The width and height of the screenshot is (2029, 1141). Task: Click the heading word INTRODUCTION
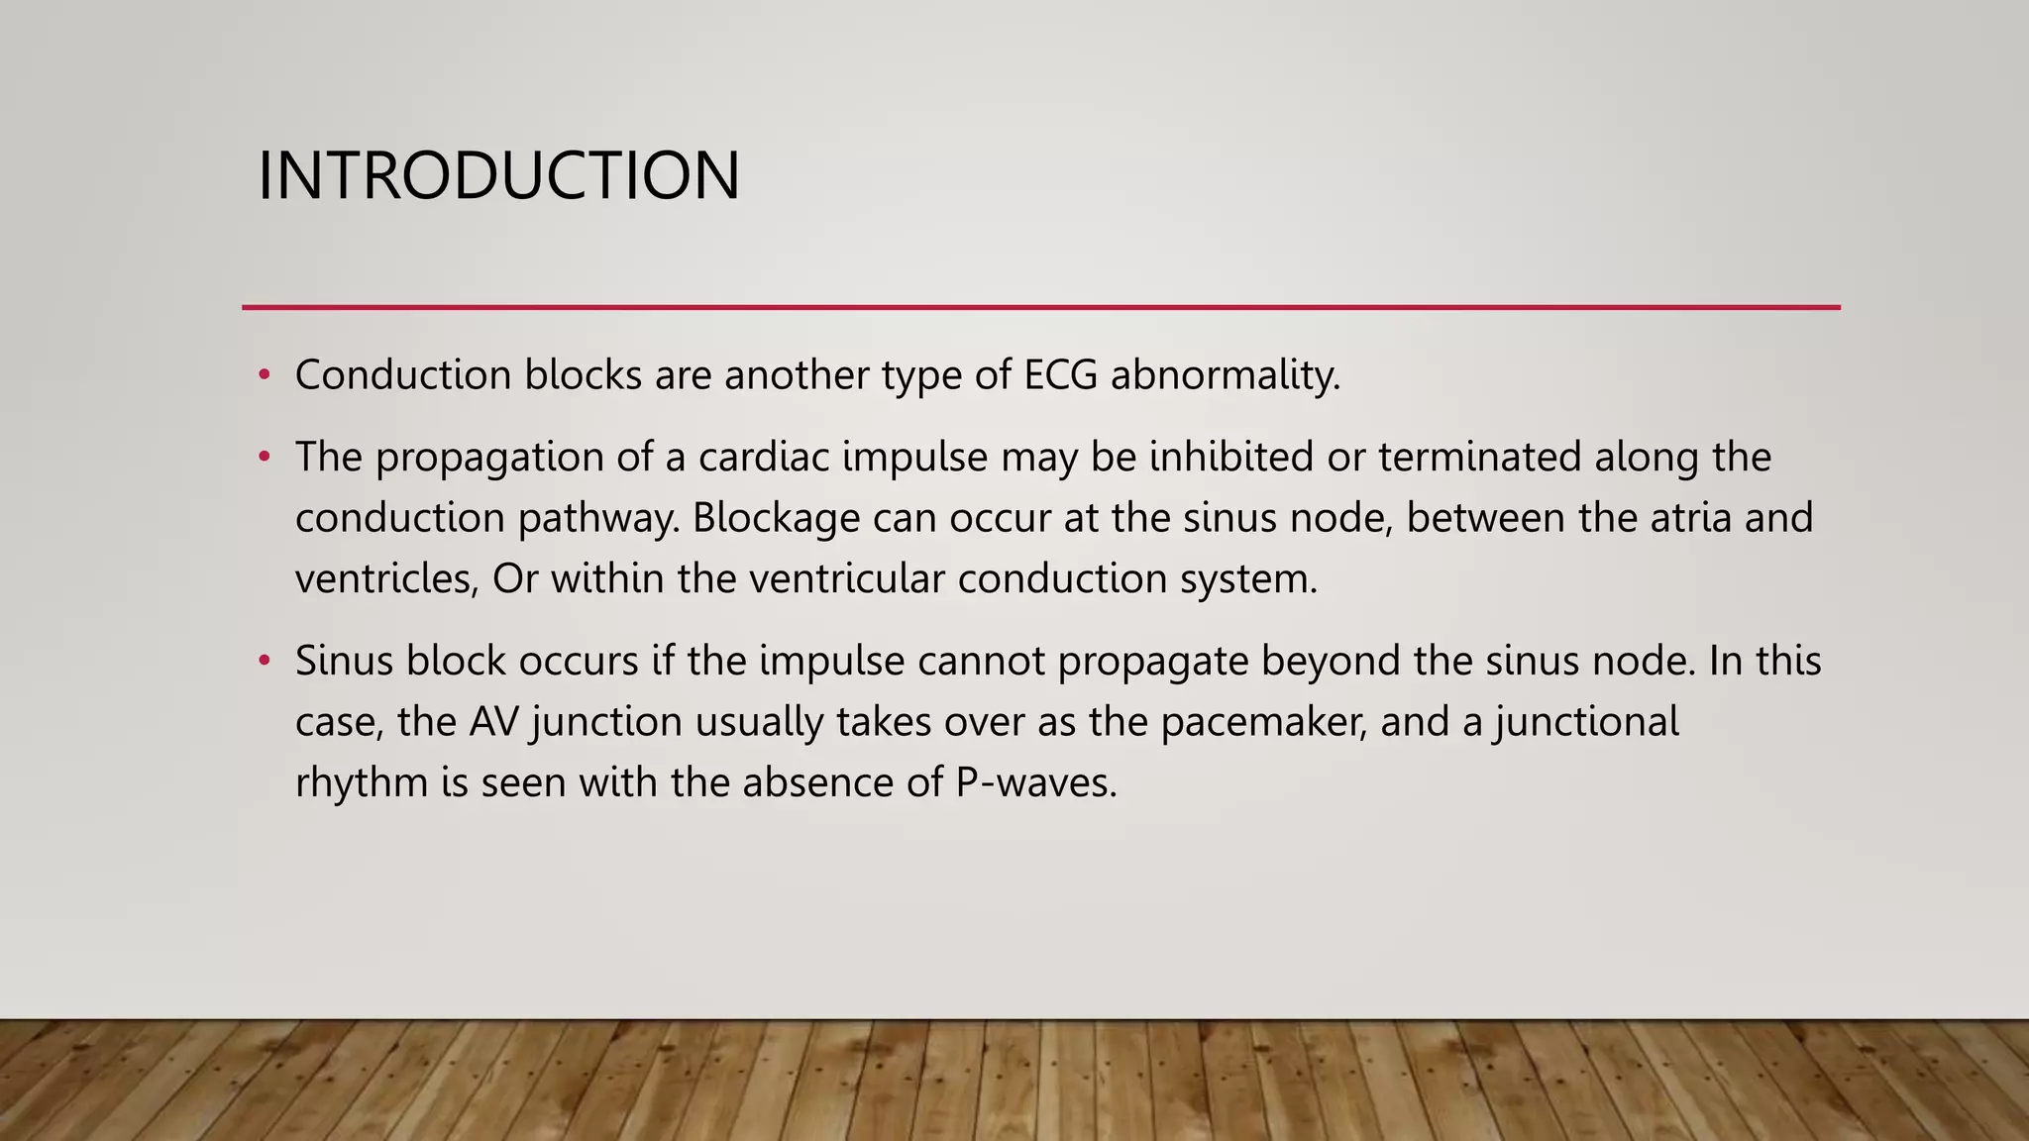(x=498, y=176)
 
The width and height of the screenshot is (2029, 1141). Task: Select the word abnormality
(x=1226, y=375)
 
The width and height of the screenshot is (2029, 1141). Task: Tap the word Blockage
(x=776, y=519)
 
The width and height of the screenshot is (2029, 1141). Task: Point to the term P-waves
(x=1035, y=783)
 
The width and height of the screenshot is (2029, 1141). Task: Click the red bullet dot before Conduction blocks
(x=264, y=375)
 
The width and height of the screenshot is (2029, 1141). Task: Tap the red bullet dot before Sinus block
(x=264, y=661)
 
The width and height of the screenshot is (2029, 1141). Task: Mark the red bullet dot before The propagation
(x=264, y=458)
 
